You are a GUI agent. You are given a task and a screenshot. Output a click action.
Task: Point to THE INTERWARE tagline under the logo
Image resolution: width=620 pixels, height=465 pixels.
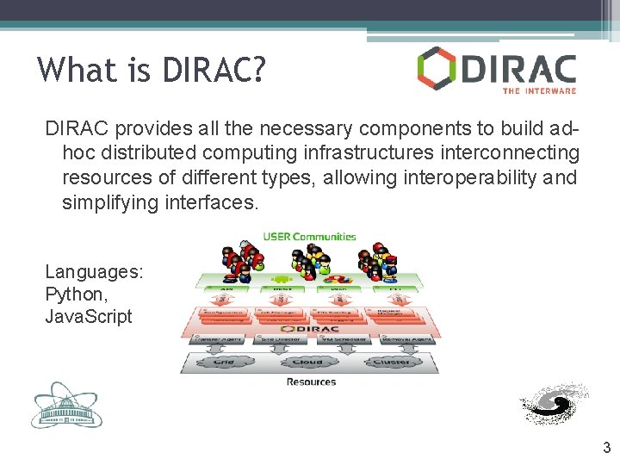[x=538, y=90]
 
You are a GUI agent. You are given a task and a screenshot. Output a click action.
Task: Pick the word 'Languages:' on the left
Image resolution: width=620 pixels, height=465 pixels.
[x=94, y=272]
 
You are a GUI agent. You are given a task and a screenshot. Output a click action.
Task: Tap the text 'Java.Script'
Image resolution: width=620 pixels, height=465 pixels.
[x=89, y=316]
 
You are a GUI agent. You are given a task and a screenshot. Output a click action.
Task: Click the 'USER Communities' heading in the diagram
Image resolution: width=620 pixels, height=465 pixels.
[x=309, y=236]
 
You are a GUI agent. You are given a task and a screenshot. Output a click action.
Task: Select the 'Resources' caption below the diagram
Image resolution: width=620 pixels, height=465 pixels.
[x=311, y=381]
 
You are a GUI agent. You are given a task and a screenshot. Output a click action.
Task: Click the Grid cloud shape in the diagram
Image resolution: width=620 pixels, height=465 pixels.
[x=222, y=362]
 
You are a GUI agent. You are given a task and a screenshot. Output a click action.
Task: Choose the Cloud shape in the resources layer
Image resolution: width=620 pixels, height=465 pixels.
[x=307, y=362]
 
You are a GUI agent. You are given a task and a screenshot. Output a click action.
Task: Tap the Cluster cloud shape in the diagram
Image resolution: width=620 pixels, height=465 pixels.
[x=392, y=362]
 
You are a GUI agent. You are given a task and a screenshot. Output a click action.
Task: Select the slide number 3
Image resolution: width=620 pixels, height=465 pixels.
[x=606, y=447]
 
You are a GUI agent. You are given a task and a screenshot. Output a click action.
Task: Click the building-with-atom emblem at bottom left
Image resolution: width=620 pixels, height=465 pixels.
[x=66, y=404]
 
